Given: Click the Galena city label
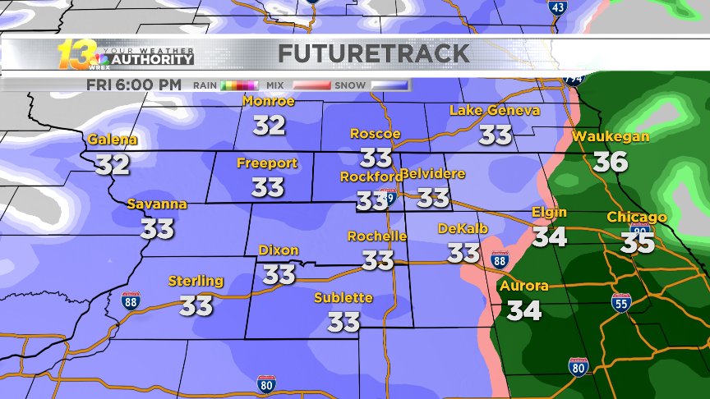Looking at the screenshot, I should coord(113,140).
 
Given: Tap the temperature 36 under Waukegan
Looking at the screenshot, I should coord(611,162).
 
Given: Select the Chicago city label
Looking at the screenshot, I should coord(637,218).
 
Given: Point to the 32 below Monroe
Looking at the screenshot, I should coord(269,126).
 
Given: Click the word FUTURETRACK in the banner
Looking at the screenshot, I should coord(374,54).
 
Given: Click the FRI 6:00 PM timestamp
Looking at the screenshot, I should coord(134,85).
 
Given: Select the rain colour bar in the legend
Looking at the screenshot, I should coord(239,85).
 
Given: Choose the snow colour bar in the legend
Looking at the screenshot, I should coord(390,85).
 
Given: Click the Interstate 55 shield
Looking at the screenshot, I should coord(622,302).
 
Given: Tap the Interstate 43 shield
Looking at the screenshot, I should coord(557,7).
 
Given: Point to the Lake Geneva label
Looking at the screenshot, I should coord(495,110).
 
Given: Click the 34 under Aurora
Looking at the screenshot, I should coord(523,310).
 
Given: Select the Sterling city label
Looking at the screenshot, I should coord(196,281).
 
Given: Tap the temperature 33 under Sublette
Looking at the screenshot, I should coord(343,322).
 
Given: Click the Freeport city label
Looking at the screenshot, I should coord(267,163).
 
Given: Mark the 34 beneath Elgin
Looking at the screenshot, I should coord(549,237).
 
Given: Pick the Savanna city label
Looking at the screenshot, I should coord(157,204).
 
